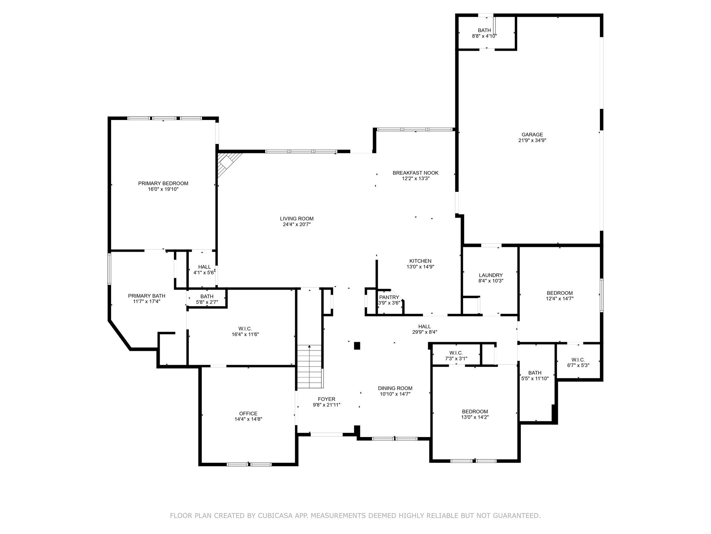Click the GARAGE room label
point(532,135)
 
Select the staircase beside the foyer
point(309,366)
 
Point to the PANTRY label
point(389,297)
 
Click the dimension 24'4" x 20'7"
point(296,225)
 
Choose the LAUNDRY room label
point(491,275)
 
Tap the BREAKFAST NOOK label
point(415,173)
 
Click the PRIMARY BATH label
point(147,296)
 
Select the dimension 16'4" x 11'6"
point(245,334)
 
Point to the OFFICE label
point(248,413)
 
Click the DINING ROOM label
point(395,388)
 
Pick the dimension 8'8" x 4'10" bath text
point(484,36)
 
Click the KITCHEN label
point(420,261)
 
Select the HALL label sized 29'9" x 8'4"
point(424,326)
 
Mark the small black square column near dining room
point(357,346)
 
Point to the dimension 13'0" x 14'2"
point(475,417)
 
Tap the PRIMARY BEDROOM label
point(163,183)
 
